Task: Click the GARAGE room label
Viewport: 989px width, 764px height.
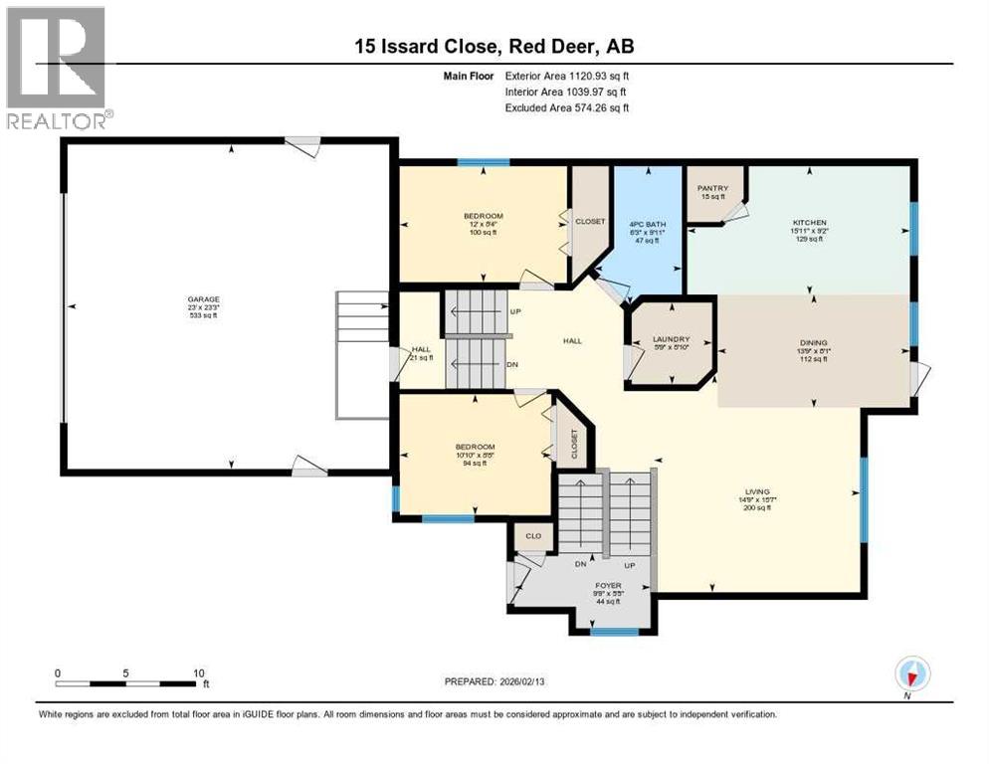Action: (x=203, y=299)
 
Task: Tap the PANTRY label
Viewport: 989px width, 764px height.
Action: (x=713, y=187)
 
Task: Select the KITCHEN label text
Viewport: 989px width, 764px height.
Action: (x=808, y=223)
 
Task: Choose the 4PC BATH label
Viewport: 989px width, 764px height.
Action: (x=648, y=225)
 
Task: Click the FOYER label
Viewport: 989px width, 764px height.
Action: (x=608, y=586)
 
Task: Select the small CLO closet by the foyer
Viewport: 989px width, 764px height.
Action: (x=533, y=536)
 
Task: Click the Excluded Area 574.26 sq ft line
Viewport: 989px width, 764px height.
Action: (x=567, y=107)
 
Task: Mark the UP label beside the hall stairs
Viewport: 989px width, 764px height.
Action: (x=514, y=311)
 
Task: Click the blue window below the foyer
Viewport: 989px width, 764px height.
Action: (x=614, y=631)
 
